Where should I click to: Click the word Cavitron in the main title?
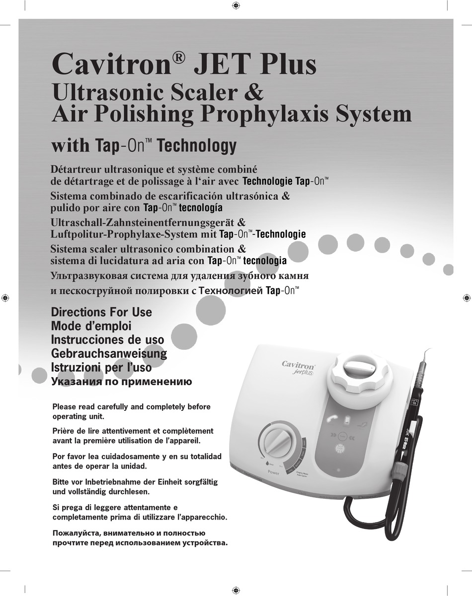coord(112,65)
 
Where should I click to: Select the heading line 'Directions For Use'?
coord(101,313)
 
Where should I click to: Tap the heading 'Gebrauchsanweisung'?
coord(109,354)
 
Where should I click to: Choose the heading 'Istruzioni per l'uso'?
coord(101,368)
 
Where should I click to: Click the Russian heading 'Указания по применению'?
coord(122,382)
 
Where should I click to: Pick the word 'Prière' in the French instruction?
coord(65,431)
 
